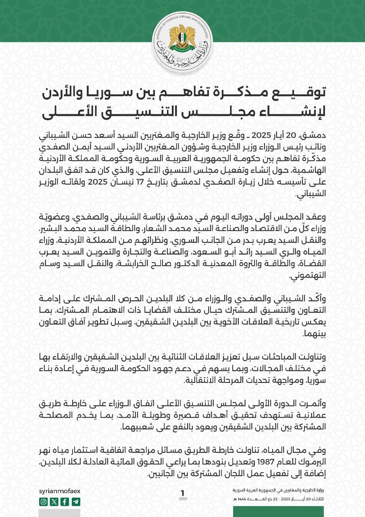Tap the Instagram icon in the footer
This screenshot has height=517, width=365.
[43, 502]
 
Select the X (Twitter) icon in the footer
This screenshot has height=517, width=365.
[54, 502]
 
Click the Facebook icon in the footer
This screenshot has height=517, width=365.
[65, 502]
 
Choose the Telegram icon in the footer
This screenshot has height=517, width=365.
[76, 502]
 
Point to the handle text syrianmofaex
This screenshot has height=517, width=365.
[59, 490]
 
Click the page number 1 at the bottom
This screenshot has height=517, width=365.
[183, 493]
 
